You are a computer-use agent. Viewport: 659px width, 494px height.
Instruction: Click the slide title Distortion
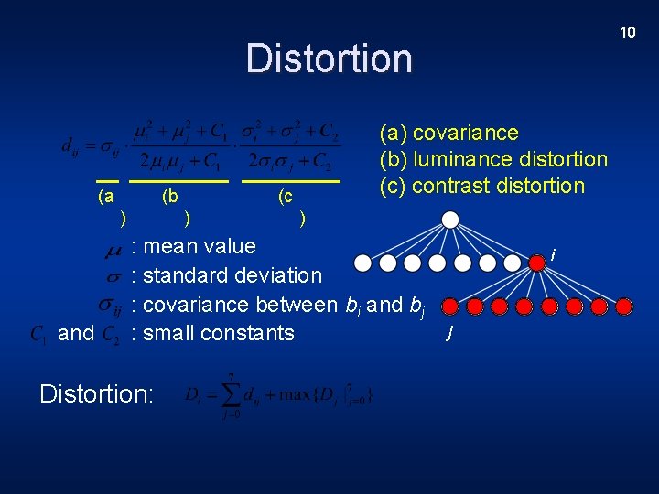(329, 58)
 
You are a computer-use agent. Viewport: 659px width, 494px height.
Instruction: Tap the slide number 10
(627, 32)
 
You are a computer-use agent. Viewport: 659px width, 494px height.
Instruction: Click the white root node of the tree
(449, 220)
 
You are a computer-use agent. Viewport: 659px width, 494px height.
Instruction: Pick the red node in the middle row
(537, 263)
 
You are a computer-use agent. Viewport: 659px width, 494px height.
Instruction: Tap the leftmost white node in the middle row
(363, 263)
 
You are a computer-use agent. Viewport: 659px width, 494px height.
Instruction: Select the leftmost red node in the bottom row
(450, 306)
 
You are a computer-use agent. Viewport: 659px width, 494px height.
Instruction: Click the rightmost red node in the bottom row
(623, 306)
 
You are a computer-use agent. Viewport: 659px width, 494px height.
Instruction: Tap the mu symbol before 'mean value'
(114, 248)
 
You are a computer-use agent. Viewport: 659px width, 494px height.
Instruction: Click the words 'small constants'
(219, 333)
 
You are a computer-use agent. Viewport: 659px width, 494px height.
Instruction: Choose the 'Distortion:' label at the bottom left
(97, 393)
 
